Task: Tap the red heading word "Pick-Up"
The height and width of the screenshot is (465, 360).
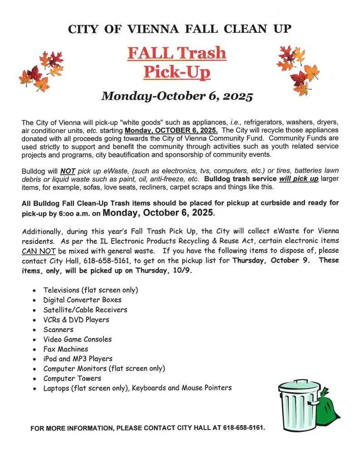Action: point(177,71)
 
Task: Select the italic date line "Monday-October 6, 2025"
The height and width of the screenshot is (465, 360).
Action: point(177,96)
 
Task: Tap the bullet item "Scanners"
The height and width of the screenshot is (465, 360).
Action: point(58,329)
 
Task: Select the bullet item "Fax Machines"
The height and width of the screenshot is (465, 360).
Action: point(65,349)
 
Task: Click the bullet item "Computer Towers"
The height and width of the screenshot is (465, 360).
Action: point(72,378)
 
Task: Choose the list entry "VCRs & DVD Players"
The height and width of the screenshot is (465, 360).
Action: point(76,320)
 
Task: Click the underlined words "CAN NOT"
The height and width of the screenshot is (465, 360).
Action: point(36,251)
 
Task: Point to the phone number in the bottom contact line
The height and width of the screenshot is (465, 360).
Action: point(244,428)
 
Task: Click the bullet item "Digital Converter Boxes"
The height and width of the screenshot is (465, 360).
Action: point(82,300)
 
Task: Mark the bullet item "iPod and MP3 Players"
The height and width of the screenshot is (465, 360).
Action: point(78,359)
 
